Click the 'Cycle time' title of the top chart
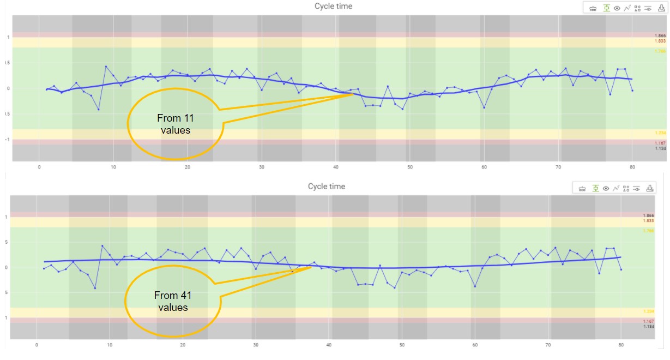[x=333, y=7]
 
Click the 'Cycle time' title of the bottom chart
[x=325, y=187]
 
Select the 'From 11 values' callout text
[x=175, y=124]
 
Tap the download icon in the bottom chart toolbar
[x=649, y=188]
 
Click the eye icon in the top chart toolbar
[x=617, y=8]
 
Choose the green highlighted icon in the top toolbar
[x=606, y=8]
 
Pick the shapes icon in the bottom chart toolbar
[x=626, y=188]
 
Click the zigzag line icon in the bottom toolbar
[x=615, y=188]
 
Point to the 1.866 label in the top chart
[x=660, y=36]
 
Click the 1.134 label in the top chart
[x=660, y=148]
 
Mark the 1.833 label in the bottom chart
[x=648, y=221]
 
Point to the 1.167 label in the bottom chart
[x=648, y=321]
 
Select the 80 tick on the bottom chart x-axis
[x=621, y=345]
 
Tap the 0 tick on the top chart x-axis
[x=39, y=167]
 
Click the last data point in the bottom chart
[x=621, y=269]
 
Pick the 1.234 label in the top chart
[x=660, y=133]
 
